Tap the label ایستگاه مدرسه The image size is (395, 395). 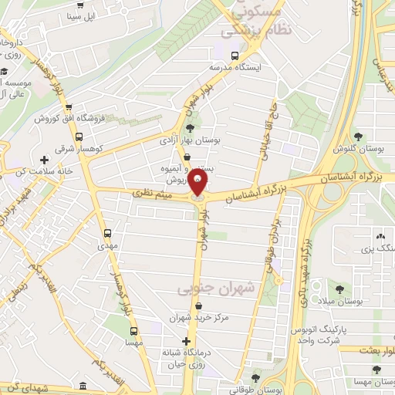point(238,67)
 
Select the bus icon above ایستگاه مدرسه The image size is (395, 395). point(235,55)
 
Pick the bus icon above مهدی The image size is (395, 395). point(106,232)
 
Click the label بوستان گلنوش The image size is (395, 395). point(356,150)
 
